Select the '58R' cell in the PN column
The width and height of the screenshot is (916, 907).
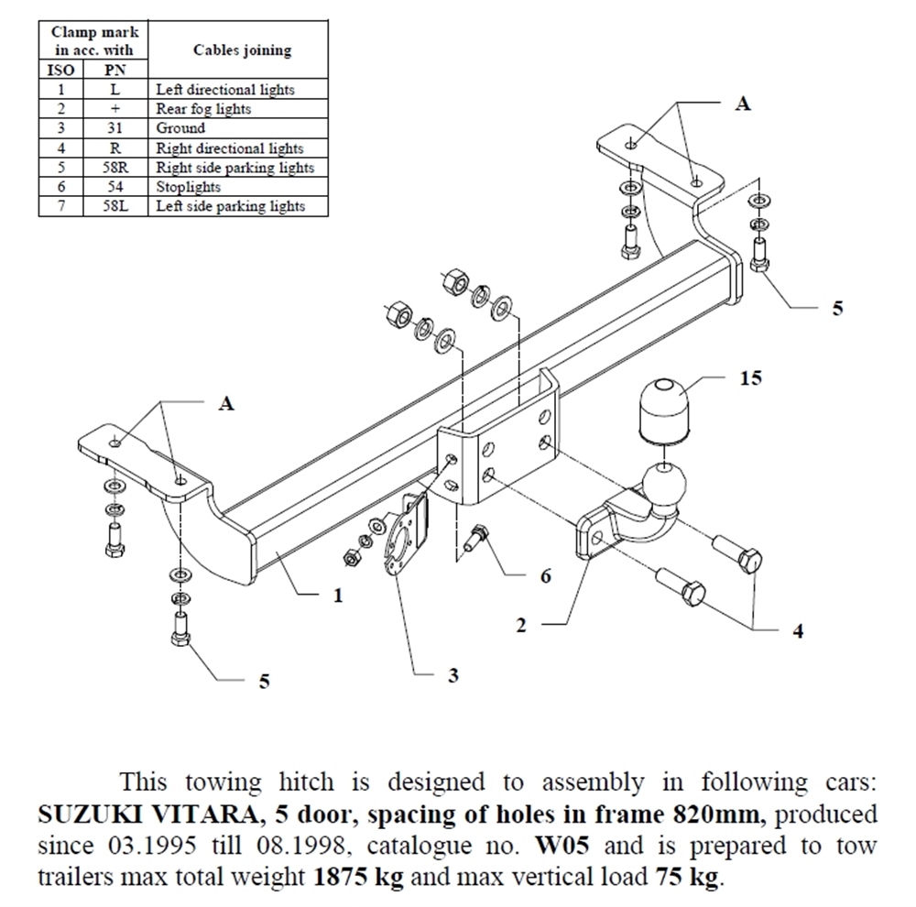[115, 167]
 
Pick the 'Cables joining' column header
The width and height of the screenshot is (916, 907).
[243, 50]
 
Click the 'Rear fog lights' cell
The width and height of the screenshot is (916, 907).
[203, 109]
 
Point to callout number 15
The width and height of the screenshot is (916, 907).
[751, 377]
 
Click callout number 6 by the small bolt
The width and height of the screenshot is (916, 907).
[545, 576]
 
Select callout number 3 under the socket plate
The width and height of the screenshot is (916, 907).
[453, 675]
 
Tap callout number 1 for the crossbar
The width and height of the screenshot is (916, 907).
[338, 596]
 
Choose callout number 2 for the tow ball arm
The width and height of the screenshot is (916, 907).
[521, 626]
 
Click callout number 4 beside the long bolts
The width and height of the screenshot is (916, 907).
[798, 630]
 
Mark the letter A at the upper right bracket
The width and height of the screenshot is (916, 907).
[743, 104]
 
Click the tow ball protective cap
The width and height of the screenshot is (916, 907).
[666, 410]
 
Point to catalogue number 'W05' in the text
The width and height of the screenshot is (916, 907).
[562, 846]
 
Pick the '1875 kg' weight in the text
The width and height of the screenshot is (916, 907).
[359, 877]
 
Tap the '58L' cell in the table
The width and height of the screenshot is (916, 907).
[115, 206]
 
